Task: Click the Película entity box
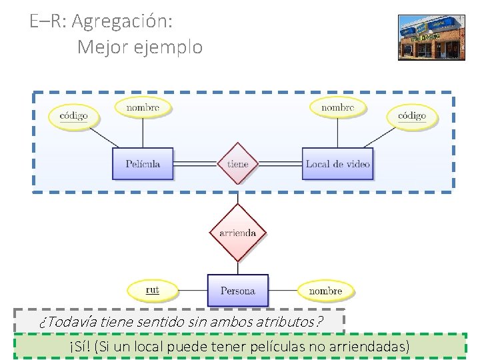[x=143, y=163]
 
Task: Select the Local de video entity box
[x=337, y=163]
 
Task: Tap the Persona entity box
[x=237, y=291]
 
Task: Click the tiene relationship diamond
[x=237, y=163]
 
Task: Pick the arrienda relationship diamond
[x=237, y=233]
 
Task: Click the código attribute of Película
[x=73, y=116]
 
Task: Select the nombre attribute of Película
[x=143, y=107]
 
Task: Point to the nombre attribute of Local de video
[x=337, y=107]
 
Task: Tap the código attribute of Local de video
[x=412, y=116]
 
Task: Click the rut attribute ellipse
[x=153, y=290]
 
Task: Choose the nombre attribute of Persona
[x=325, y=291]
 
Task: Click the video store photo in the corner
[x=431, y=37]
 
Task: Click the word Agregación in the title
[x=122, y=21]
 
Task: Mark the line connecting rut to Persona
[x=193, y=291]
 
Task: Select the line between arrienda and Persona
[x=237, y=267]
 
